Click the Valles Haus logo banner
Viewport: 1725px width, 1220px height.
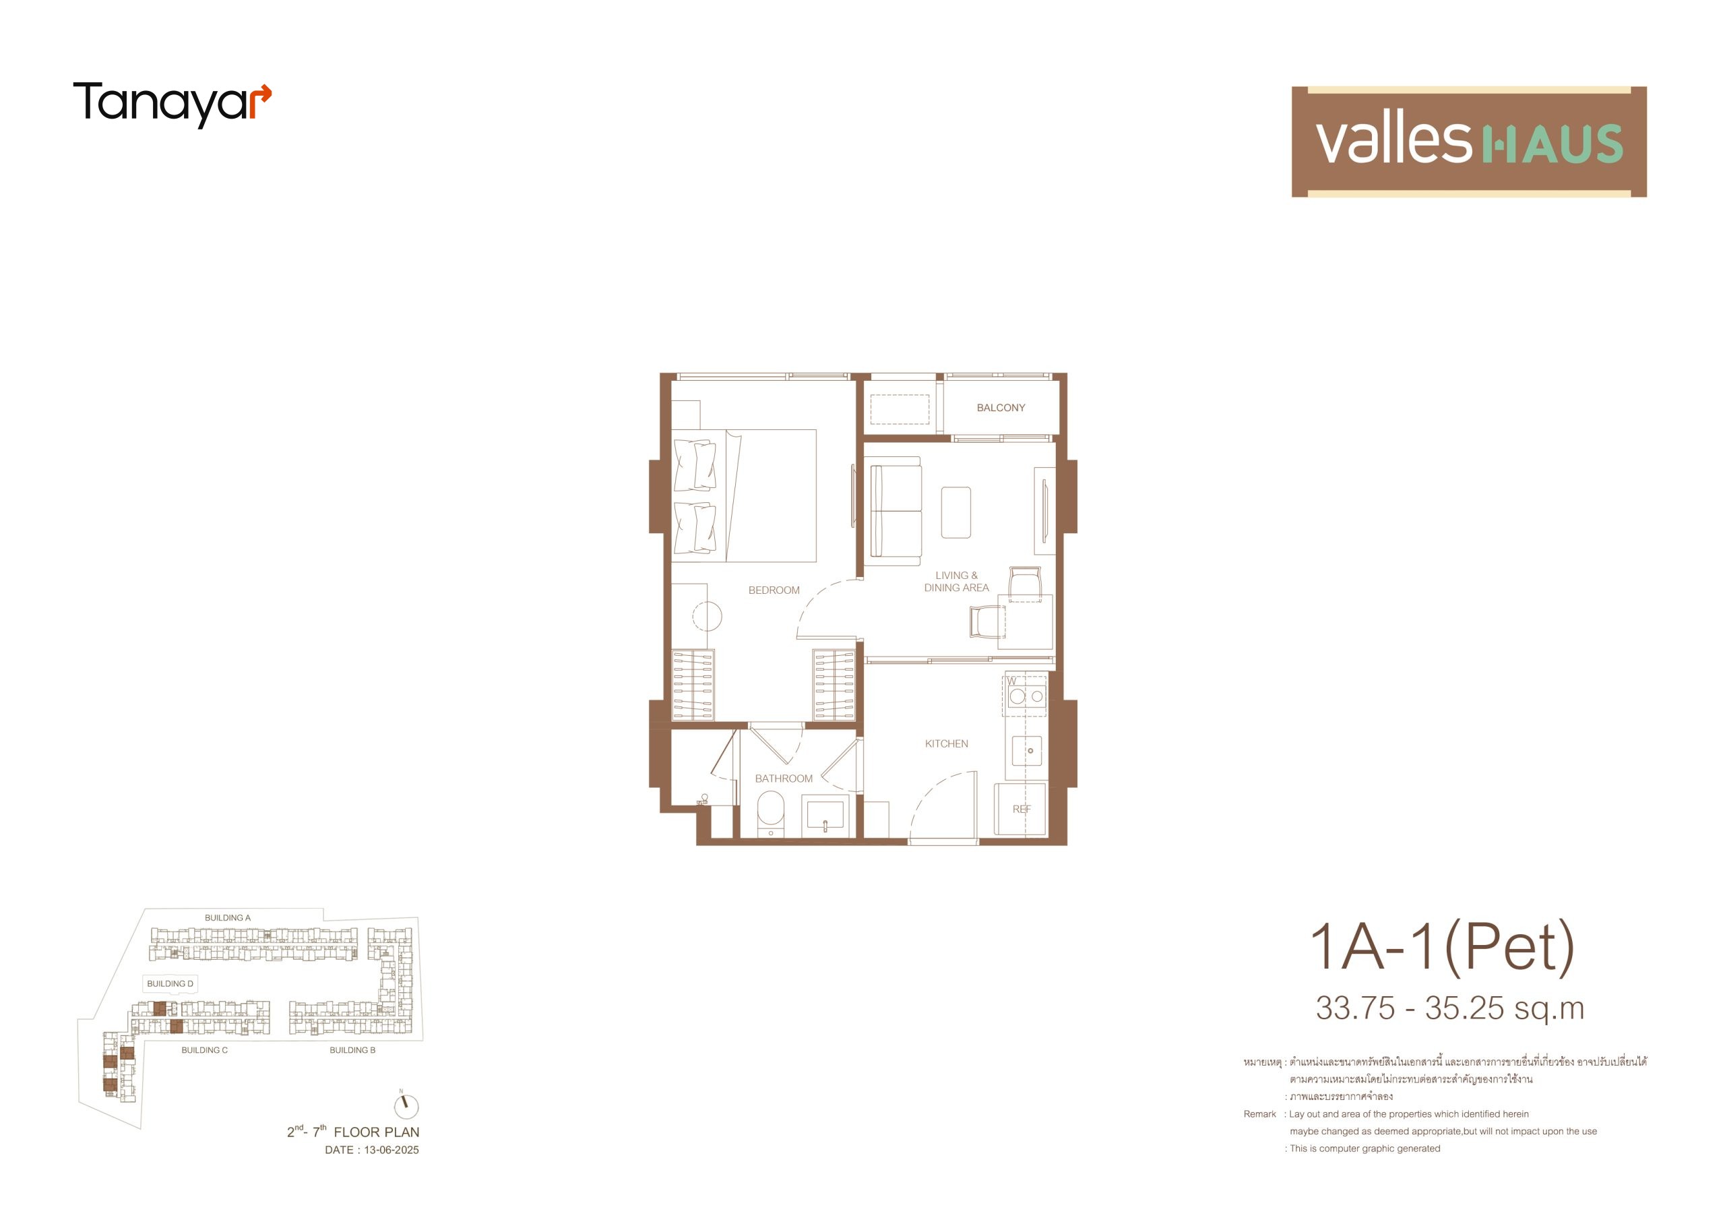[x=1469, y=142]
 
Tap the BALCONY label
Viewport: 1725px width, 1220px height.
[x=1001, y=407]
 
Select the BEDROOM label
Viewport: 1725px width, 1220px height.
[x=774, y=590]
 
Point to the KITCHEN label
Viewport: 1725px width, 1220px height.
[x=946, y=743]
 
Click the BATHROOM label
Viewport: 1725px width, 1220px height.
[x=784, y=778]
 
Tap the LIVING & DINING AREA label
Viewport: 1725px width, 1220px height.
[x=956, y=581]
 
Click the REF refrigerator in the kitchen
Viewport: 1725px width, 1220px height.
[x=1020, y=809]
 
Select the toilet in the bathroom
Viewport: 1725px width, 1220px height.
[x=770, y=815]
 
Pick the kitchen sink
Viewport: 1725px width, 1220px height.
[x=1027, y=750]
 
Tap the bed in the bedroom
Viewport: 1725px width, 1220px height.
[x=744, y=495]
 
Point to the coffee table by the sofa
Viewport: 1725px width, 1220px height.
[x=955, y=512]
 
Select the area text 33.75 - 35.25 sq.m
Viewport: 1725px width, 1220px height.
[x=1450, y=1009]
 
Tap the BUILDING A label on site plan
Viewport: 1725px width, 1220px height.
[x=228, y=918]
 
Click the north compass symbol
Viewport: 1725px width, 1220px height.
[x=406, y=1105]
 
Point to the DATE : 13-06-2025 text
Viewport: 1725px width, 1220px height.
[x=372, y=1150]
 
